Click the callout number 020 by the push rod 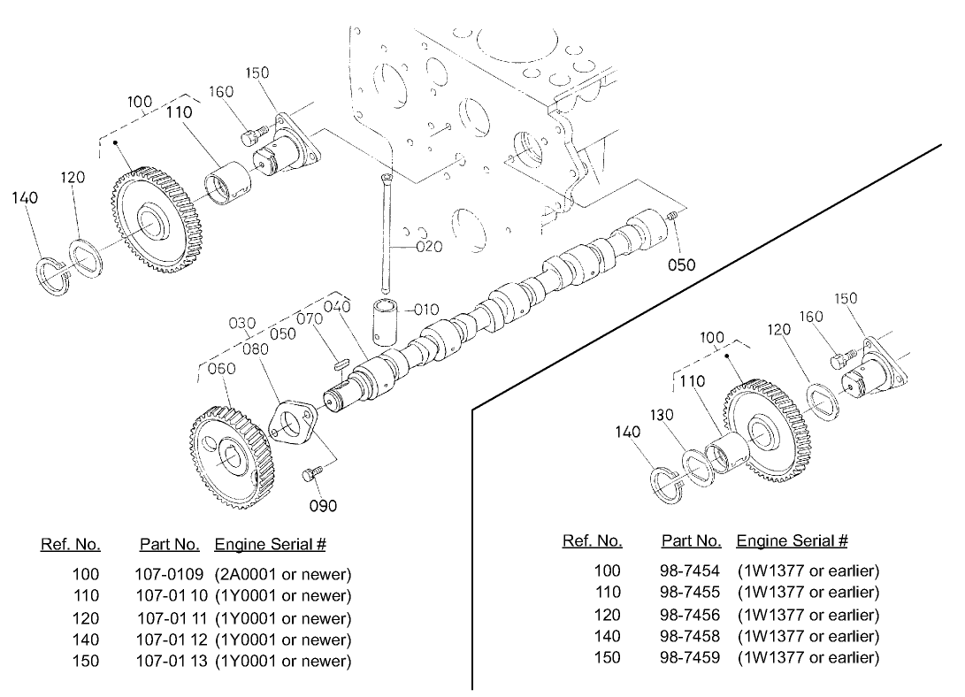point(429,247)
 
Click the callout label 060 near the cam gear point(221,368)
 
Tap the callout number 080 point(256,348)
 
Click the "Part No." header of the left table point(169,544)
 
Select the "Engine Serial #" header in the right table point(792,540)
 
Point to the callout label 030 point(242,324)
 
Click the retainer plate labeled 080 point(292,425)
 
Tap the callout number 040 point(337,306)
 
